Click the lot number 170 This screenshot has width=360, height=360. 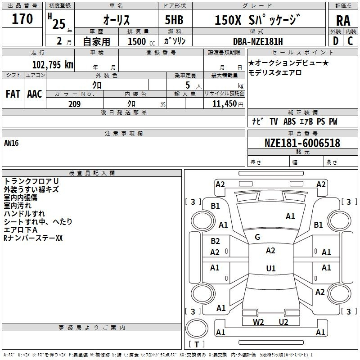pos(22,19)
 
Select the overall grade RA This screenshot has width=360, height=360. pos(343,21)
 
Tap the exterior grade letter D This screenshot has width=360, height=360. pos(335,41)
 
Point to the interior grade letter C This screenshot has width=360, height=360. pos(350,41)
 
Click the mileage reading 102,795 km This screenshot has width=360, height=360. pos(53,64)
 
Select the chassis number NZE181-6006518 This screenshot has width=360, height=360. pos(302,144)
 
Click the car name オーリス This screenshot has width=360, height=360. pos(117,20)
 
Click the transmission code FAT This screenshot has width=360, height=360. pos(13,94)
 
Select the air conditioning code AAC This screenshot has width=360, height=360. pos(34,94)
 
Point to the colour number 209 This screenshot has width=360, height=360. pos(74,104)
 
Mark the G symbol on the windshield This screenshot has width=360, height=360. pos(257,237)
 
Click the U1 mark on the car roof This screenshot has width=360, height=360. pos(270,269)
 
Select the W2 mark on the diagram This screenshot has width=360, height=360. pos(258,322)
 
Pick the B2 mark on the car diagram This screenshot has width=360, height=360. pos(216,241)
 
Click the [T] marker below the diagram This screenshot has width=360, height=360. pos(196,344)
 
